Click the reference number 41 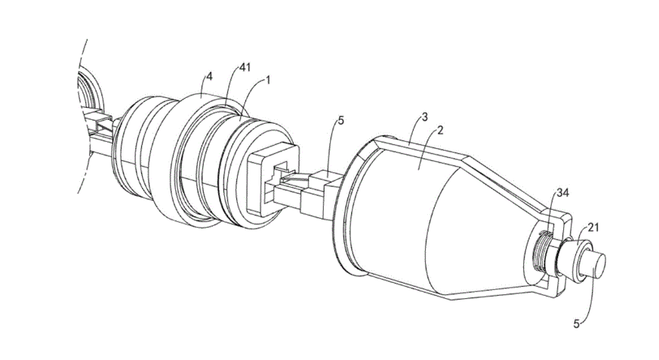(x=244, y=67)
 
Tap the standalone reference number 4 (x=209, y=76)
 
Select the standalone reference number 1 (x=268, y=81)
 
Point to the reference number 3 (x=424, y=117)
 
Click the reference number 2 (x=440, y=131)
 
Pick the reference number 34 (x=563, y=192)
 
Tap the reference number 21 (x=593, y=228)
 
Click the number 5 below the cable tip (x=577, y=324)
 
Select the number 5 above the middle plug (x=340, y=121)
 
